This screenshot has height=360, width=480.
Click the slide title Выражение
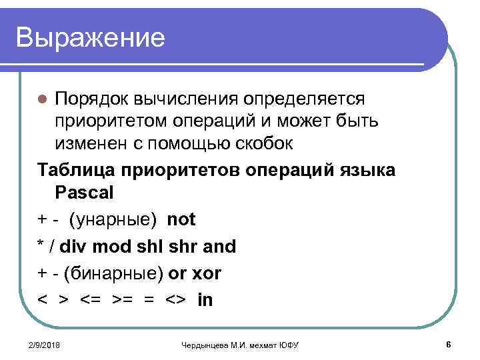point(90,37)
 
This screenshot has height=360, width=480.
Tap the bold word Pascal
point(85,193)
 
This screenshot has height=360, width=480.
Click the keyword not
point(181,219)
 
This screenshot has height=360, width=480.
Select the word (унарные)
point(115,219)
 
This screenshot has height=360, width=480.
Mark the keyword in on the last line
point(205,299)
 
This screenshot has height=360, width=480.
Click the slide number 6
point(449,344)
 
